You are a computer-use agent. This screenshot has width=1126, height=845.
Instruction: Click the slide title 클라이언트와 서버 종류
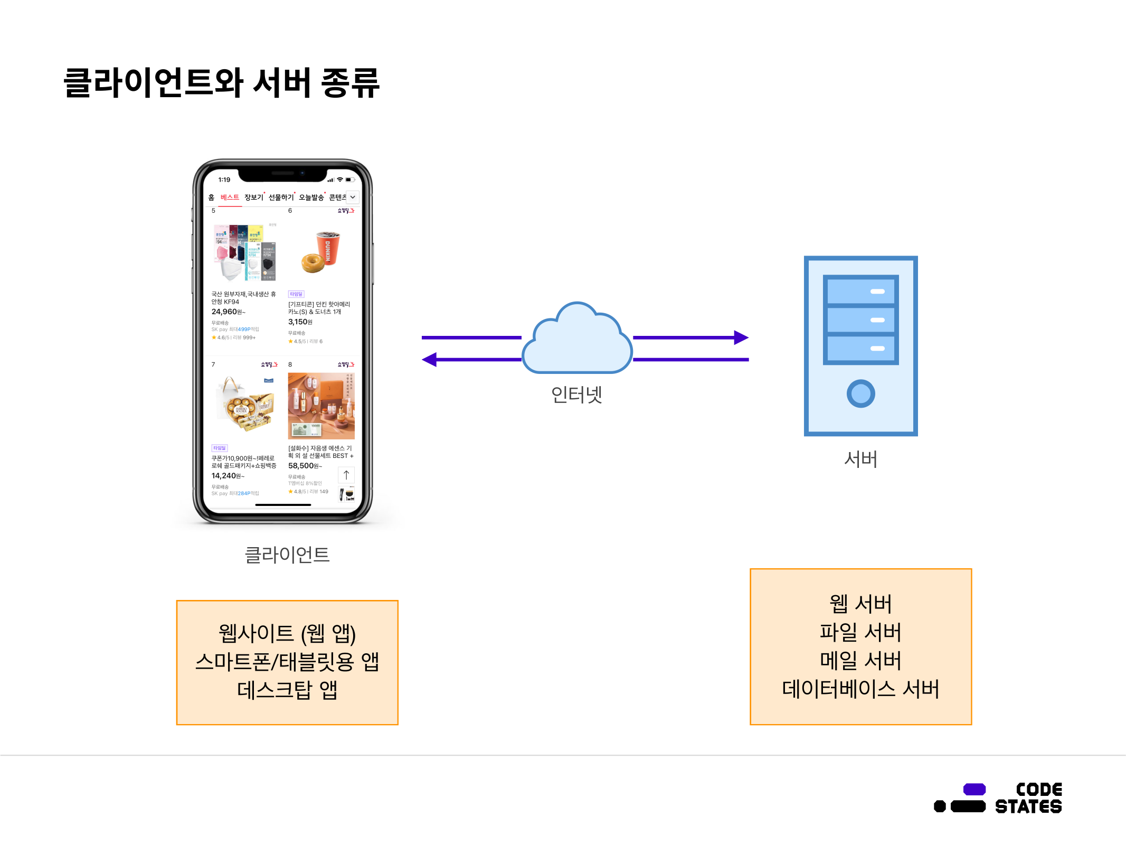pyautogui.click(x=221, y=83)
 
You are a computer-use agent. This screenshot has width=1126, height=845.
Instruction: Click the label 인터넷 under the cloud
pyautogui.click(x=576, y=394)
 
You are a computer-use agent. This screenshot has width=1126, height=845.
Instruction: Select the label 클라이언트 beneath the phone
pyautogui.click(x=287, y=555)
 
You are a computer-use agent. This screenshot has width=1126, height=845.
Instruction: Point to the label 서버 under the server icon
pyautogui.click(x=860, y=459)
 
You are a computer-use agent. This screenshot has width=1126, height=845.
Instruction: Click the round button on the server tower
pyautogui.click(x=860, y=393)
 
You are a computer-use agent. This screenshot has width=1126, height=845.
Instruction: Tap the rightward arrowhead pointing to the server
pyautogui.click(x=741, y=337)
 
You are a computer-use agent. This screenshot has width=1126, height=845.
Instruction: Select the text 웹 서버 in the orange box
pyautogui.click(x=860, y=604)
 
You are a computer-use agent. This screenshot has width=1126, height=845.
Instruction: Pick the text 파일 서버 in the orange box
pyautogui.click(x=860, y=632)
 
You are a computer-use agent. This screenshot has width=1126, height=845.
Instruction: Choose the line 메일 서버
pyautogui.click(x=860, y=660)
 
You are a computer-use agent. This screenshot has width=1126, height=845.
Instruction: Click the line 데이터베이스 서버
pyautogui.click(x=860, y=689)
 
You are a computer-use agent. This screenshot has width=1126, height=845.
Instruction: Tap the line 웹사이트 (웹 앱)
pyautogui.click(x=287, y=633)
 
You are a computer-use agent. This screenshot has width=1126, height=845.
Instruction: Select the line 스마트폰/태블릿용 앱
pyautogui.click(x=287, y=661)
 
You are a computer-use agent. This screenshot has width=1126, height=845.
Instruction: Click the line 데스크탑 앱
pyautogui.click(x=287, y=690)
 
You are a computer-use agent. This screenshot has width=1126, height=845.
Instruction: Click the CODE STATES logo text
pyautogui.click(x=1028, y=798)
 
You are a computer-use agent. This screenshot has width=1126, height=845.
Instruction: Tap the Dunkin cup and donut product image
pyautogui.click(x=321, y=251)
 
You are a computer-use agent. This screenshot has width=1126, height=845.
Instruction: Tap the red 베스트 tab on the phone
pyautogui.click(x=230, y=197)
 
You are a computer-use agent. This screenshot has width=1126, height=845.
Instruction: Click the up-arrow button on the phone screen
pyautogui.click(x=346, y=475)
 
